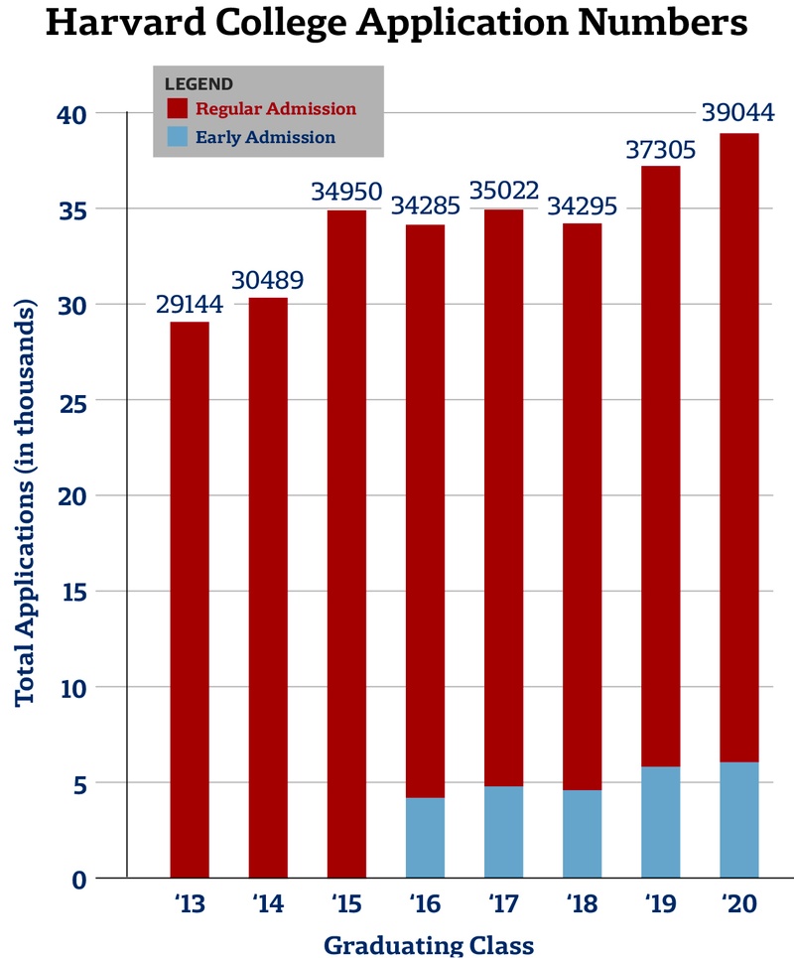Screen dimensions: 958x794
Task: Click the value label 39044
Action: [x=737, y=113]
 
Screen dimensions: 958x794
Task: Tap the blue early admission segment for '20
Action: [x=738, y=820]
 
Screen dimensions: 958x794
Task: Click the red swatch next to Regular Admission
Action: [x=178, y=108]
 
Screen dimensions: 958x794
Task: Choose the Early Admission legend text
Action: [x=265, y=137]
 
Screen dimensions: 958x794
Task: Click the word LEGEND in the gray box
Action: [x=198, y=83]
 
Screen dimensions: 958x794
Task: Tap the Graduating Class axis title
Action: [x=428, y=944]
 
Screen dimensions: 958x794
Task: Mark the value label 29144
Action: [x=190, y=303]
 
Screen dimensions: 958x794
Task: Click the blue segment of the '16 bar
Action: [x=425, y=838]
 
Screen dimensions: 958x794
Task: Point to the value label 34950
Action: [x=346, y=191]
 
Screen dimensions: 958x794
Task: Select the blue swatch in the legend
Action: [x=178, y=137]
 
